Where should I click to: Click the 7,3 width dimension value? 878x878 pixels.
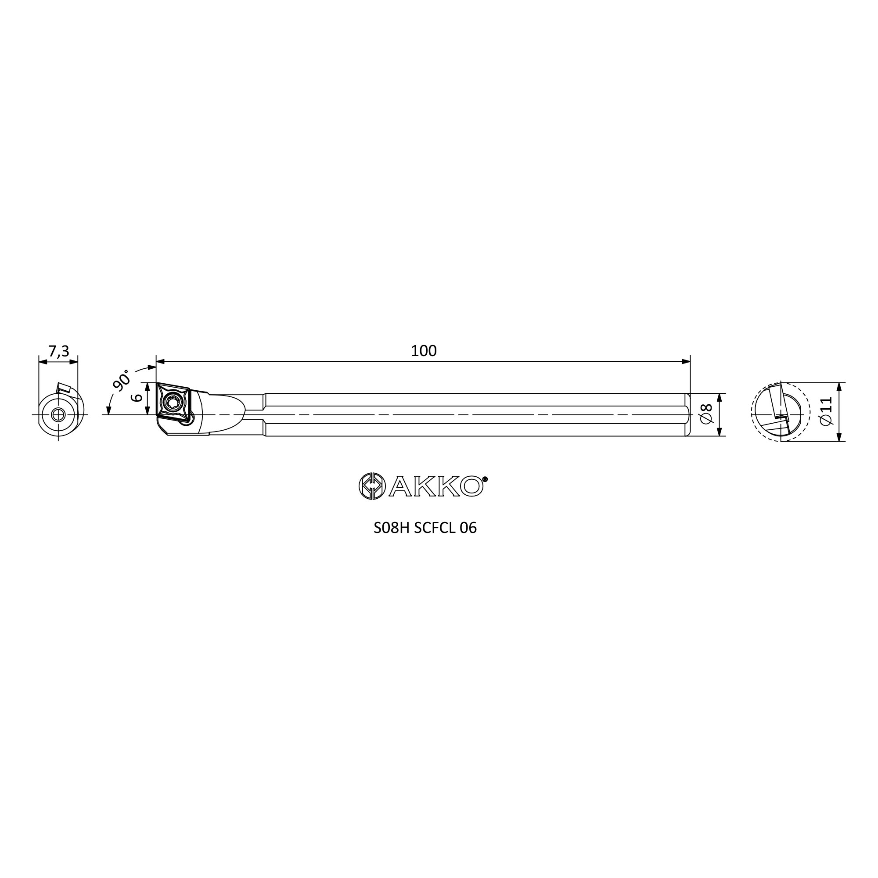[59, 351]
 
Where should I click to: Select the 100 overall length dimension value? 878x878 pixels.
[424, 351]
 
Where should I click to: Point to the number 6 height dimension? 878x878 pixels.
[137, 398]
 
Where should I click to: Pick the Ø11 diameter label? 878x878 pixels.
[826, 411]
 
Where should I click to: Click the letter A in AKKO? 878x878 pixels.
[400, 486]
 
